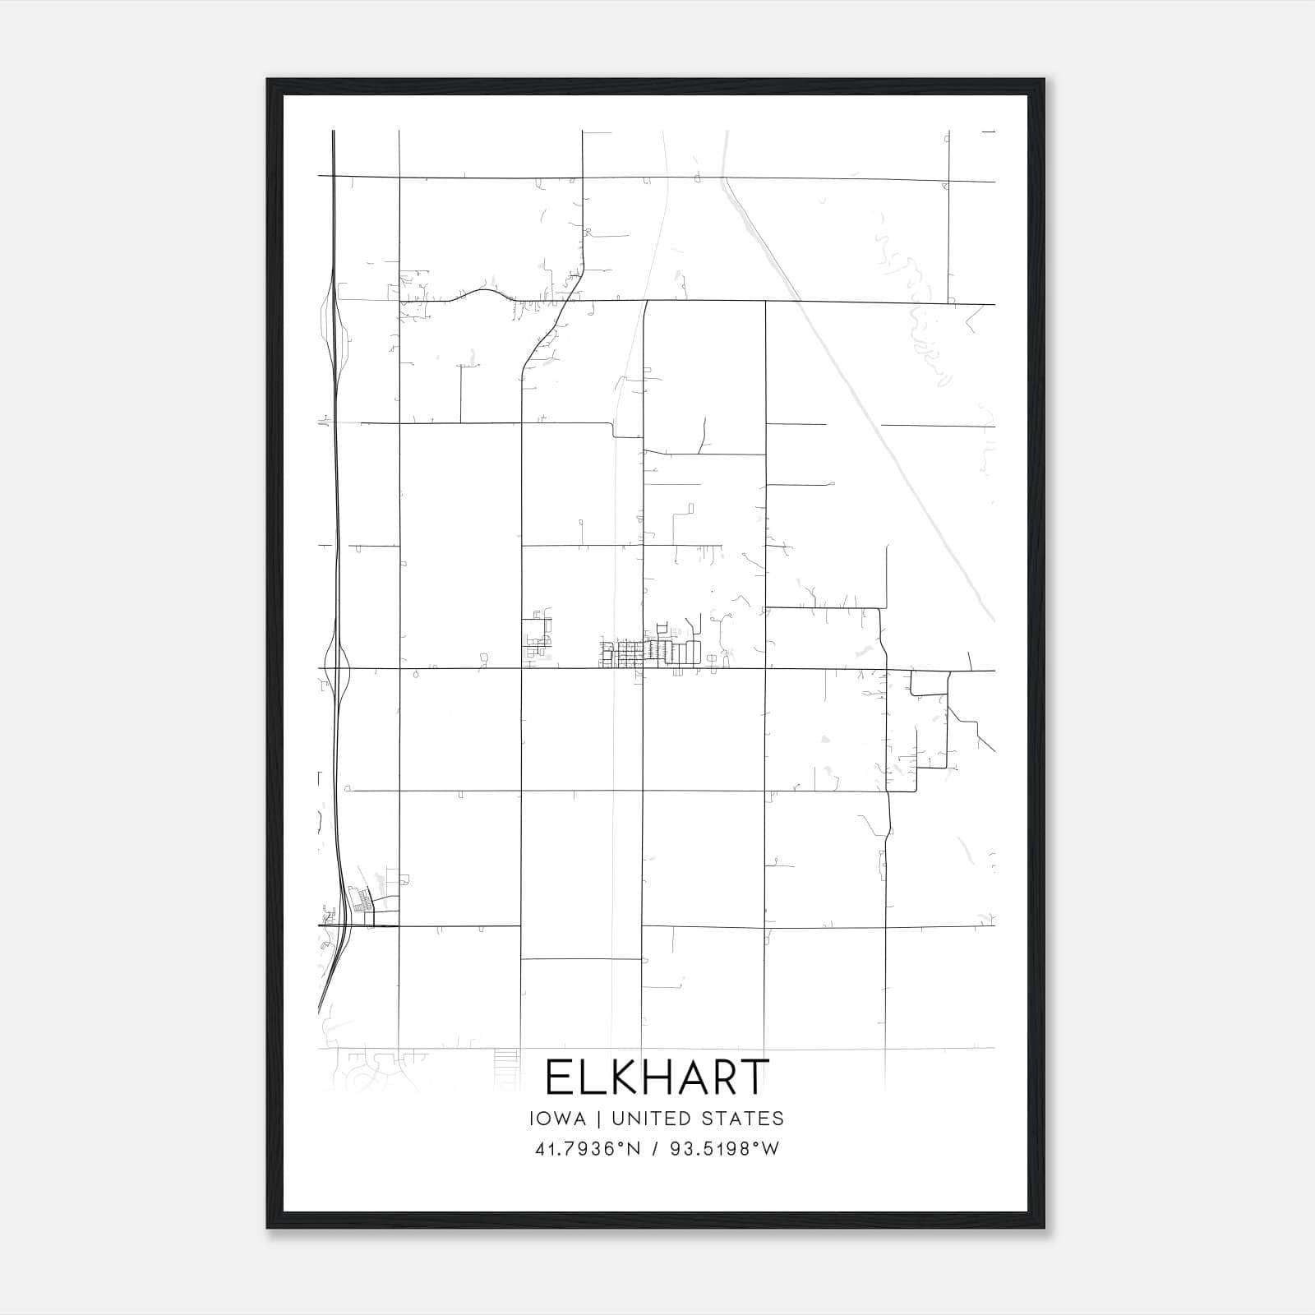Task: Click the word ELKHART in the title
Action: click(657, 1077)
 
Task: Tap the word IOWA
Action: click(558, 1119)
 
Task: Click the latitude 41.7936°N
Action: click(587, 1149)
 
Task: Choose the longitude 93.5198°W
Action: click(724, 1149)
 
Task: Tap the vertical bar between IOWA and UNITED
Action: click(599, 1119)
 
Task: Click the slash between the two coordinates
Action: click(656, 1149)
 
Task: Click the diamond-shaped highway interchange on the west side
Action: click(338, 668)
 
